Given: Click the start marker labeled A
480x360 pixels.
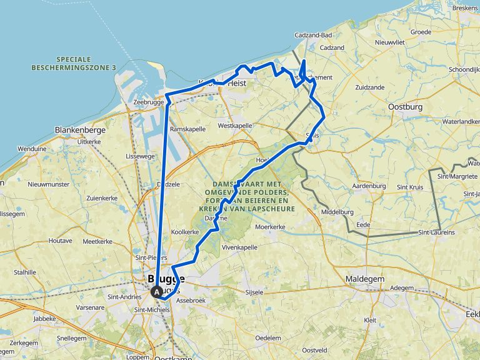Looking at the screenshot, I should (156, 291).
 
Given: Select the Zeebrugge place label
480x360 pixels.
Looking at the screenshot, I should (149, 102).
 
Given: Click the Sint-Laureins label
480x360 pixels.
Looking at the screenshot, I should (436, 232).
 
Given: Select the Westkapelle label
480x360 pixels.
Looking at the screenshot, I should (235, 126).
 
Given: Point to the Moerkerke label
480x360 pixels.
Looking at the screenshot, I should (271, 227).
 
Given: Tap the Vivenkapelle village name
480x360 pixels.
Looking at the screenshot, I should (240, 247).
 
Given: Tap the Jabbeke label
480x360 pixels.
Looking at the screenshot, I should (44, 318).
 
